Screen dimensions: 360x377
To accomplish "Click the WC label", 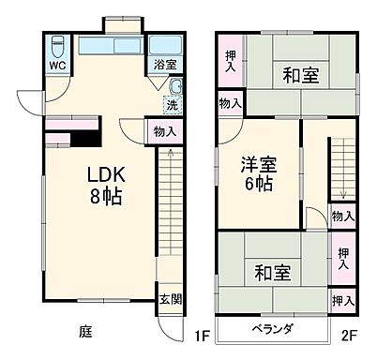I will point(56,66).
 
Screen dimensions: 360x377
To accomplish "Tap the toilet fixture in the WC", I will point(57,44).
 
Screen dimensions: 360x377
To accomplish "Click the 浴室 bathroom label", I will point(165,66).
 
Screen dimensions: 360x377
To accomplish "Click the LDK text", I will point(107,176).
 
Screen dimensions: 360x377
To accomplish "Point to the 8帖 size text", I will point(107,197).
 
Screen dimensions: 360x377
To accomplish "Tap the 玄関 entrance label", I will point(165,299).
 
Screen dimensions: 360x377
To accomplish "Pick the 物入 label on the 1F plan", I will point(161,132).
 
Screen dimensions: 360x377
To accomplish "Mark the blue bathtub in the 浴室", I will point(165,46).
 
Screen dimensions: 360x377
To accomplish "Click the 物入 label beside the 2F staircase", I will point(342,217).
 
